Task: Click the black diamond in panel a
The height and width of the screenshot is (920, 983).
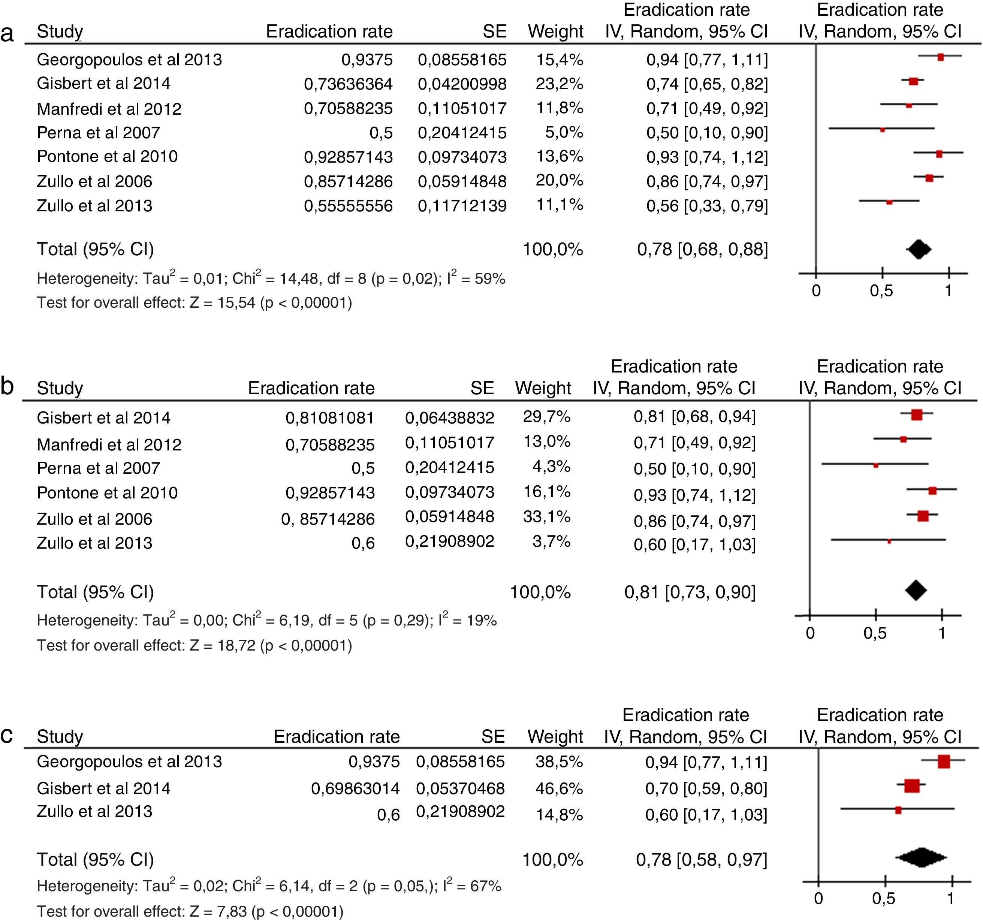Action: (x=918, y=249)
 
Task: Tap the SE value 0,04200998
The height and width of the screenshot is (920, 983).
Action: (x=462, y=84)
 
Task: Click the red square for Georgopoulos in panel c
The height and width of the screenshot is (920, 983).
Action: (x=943, y=762)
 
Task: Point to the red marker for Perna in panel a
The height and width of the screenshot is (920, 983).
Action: (x=882, y=130)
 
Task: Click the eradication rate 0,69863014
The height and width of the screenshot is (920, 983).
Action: (x=355, y=788)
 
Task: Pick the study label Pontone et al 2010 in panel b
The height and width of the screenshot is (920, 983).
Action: (x=107, y=493)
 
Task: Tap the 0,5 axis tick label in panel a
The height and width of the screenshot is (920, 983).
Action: (x=882, y=291)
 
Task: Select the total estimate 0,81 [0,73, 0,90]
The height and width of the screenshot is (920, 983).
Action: (x=690, y=592)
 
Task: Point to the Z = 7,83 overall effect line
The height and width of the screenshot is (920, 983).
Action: (x=190, y=911)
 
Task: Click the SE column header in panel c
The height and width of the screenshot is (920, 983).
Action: (x=493, y=737)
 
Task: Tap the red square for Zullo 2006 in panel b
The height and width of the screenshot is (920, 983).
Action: (x=923, y=516)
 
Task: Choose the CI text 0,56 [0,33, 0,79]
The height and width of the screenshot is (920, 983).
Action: (x=707, y=206)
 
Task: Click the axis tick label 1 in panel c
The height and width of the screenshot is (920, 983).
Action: (x=950, y=898)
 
